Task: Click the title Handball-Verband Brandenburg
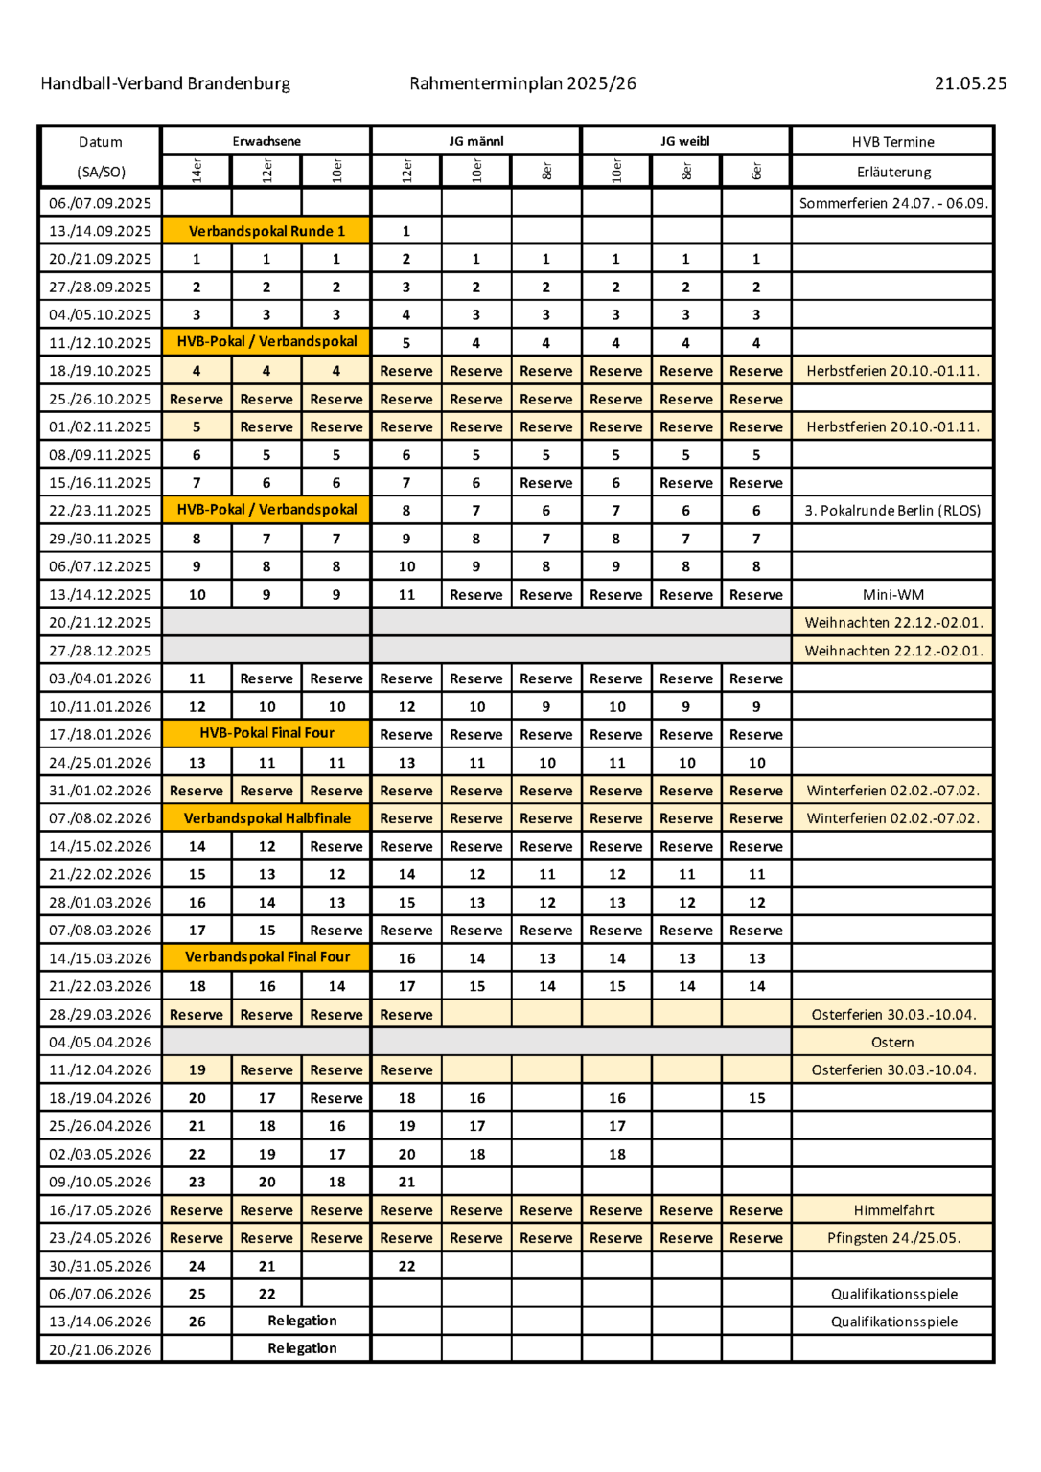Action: coord(165,83)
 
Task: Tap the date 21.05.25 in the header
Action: coord(970,83)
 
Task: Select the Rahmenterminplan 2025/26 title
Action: coord(522,83)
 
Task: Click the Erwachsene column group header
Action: coord(266,141)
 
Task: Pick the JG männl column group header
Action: coord(475,141)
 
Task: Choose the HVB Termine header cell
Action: coord(892,142)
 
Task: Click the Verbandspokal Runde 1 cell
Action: coord(266,231)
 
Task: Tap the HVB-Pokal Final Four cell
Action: coord(266,733)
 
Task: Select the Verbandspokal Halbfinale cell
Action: coord(266,818)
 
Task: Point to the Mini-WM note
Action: coord(892,595)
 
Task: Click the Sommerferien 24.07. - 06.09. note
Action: coord(892,203)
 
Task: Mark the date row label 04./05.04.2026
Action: coord(101,1043)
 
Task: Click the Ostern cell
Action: coord(892,1043)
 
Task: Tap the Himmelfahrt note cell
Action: coord(892,1210)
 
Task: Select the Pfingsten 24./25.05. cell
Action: coord(892,1238)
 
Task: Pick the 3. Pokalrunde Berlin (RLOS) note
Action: coord(892,511)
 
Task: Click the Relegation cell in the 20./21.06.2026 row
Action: coord(302,1348)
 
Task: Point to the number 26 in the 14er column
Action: coord(197,1322)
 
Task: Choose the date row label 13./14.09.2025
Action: coord(101,231)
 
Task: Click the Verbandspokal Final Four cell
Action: coord(266,957)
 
